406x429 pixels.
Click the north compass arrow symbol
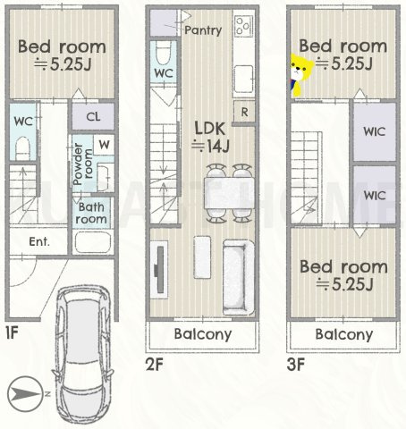coord(24,394)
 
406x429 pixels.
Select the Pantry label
coord(203,30)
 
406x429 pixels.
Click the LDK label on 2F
coord(210,129)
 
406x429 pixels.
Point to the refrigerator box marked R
coord(244,112)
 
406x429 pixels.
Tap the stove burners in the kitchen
coord(243,26)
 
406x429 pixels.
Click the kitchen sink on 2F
coord(244,79)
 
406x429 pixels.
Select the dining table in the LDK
coord(229,193)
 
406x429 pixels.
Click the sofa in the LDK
coord(239,277)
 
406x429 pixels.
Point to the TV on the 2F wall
coord(160,270)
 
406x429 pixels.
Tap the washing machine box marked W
coord(104,145)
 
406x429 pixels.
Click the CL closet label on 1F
coord(93,116)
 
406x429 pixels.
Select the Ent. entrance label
coord(39,241)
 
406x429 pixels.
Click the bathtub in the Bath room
coord(93,242)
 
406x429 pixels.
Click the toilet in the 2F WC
coord(164,53)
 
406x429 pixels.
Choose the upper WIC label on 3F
coord(375,131)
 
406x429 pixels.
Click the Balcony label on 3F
coord(344,334)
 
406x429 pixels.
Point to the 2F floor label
coord(155,364)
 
